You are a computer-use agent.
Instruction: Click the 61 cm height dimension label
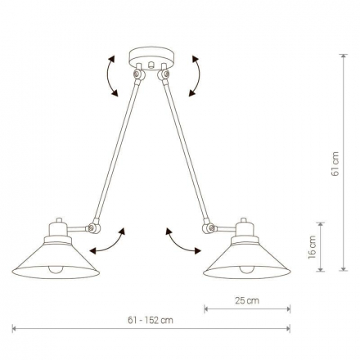click(335, 164)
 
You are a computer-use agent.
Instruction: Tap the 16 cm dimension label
click(313, 247)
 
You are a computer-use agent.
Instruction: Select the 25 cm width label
click(247, 300)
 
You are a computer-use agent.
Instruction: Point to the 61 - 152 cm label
click(151, 320)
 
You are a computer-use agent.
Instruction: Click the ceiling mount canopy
click(151, 58)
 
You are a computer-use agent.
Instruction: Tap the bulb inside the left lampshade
click(56, 269)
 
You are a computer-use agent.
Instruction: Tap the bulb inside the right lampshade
click(247, 269)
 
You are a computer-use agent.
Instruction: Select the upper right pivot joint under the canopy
click(164, 74)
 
